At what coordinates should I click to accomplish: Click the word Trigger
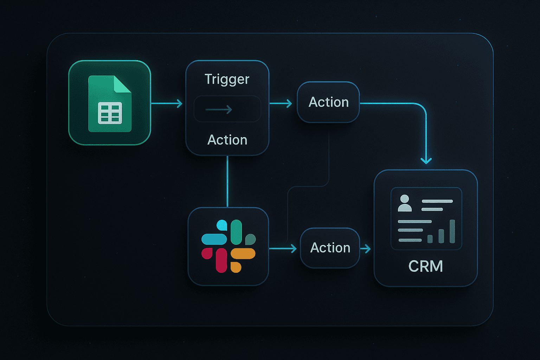click(227, 79)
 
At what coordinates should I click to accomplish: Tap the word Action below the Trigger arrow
click(227, 140)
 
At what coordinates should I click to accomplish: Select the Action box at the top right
click(328, 102)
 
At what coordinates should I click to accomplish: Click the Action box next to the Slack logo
click(330, 248)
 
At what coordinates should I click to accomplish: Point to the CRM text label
click(425, 266)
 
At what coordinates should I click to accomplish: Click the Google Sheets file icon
click(110, 104)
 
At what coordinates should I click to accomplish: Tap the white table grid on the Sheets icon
click(110, 113)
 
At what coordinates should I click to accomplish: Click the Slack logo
click(229, 246)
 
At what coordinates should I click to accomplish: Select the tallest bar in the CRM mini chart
click(452, 231)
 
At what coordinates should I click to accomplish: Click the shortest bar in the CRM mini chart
click(430, 239)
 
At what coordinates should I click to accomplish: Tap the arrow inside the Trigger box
click(219, 110)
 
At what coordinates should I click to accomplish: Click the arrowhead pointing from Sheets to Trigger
click(180, 103)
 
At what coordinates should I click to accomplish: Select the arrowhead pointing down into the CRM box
click(426, 161)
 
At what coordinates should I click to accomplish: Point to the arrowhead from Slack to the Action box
click(294, 249)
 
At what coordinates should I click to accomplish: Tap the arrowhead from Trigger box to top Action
click(289, 103)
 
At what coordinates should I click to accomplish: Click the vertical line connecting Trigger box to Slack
click(227, 181)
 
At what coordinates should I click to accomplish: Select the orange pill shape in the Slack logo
click(243, 253)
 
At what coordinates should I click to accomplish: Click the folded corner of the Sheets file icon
click(122, 85)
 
